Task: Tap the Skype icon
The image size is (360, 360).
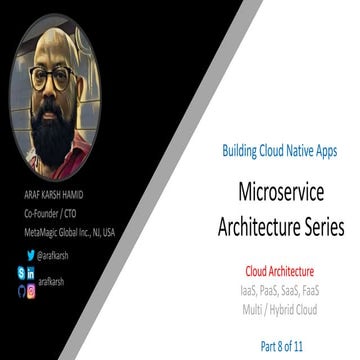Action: [19, 271]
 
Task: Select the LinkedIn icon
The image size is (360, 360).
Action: [31, 271]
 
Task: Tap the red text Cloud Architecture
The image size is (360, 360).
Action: [280, 270]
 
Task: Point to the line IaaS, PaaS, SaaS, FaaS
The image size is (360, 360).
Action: [280, 287]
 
